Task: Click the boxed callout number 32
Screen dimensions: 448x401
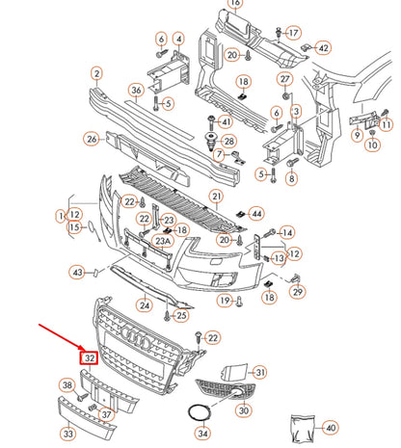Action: click(90, 356)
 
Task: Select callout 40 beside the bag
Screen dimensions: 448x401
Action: click(330, 427)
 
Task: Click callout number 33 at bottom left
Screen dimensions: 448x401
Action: click(68, 434)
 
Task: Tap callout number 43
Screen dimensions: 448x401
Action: click(78, 274)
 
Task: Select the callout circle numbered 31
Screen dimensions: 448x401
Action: click(259, 373)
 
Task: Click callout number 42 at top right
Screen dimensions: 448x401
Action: click(323, 47)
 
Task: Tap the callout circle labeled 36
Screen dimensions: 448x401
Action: click(136, 92)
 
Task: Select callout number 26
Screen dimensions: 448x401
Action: click(92, 139)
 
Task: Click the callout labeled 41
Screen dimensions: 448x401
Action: click(226, 121)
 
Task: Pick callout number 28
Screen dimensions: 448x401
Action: click(228, 142)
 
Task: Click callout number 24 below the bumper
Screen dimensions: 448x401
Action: click(145, 306)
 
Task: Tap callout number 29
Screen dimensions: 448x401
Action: click(298, 291)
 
